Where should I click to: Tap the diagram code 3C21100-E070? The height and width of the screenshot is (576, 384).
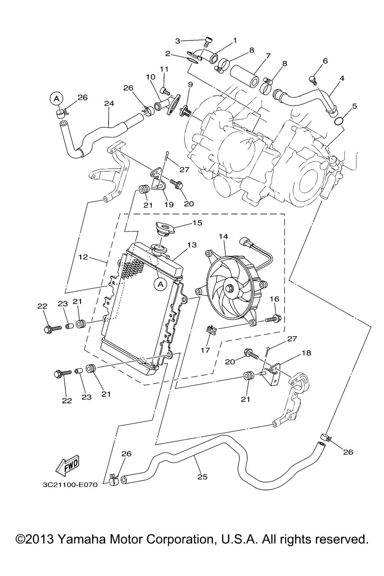click(x=70, y=484)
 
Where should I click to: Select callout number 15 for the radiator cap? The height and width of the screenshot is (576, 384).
click(x=197, y=223)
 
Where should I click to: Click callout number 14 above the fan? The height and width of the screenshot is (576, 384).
click(x=223, y=236)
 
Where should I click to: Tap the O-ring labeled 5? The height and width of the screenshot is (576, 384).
click(x=338, y=121)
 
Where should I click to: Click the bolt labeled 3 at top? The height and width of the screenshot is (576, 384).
click(x=209, y=42)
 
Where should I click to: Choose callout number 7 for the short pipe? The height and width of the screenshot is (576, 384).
click(x=268, y=56)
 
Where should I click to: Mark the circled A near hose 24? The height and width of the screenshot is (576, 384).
click(x=56, y=99)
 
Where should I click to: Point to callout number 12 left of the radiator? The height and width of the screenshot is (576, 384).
click(x=83, y=257)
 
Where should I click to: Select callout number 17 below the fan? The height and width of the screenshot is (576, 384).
click(x=205, y=350)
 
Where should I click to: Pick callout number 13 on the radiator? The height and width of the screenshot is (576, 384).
click(x=192, y=245)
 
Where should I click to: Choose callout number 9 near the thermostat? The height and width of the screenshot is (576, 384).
click(x=190, y=85)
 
